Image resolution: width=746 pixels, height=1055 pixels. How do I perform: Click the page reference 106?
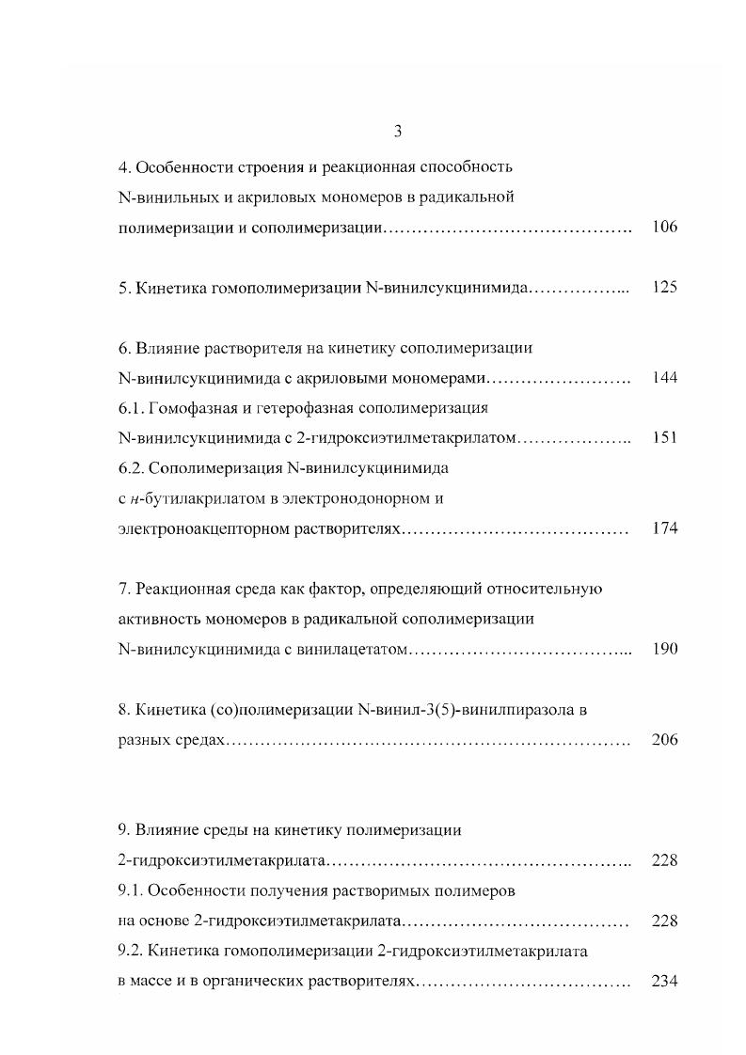tap(664, 228)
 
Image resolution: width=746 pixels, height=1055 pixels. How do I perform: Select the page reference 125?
tap(664, 288)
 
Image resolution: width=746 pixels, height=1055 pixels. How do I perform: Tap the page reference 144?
tap(664, 378)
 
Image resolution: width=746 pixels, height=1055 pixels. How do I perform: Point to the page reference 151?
tap(664, 438)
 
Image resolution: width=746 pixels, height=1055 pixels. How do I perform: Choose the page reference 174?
tap(664, 528)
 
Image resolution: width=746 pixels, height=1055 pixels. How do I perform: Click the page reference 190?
tap(664, 650)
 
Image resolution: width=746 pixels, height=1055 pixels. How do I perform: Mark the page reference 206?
tap(664, 740)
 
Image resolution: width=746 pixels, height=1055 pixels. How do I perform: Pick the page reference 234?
tap(664, 982)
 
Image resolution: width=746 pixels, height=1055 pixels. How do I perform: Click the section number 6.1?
tap(129, 408)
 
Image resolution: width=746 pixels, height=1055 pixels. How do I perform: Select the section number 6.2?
tap(129, 468)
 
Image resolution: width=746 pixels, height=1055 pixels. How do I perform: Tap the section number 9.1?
tap(129, 890)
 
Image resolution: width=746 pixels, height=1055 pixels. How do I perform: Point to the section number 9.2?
tap(129, 952)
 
